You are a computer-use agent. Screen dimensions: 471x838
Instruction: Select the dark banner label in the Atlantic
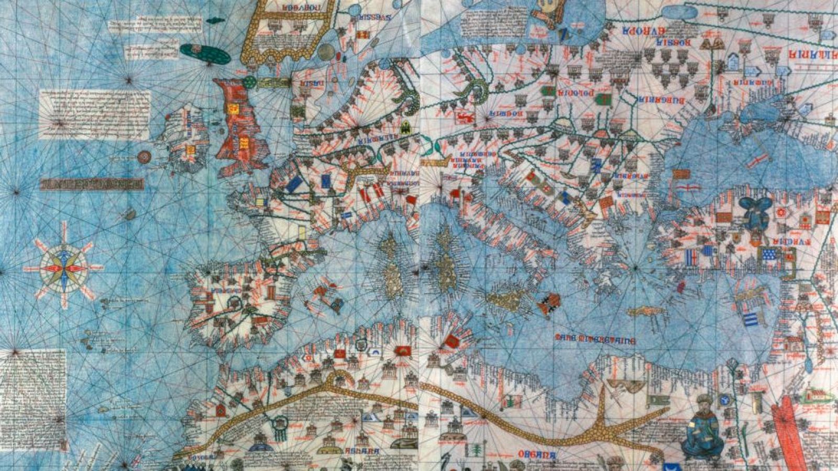click(x=92, y=184)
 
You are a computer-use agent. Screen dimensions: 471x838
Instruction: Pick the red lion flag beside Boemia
click(x=464, y=116)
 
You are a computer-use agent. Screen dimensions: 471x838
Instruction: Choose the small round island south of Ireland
click(x=144, y=156)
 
